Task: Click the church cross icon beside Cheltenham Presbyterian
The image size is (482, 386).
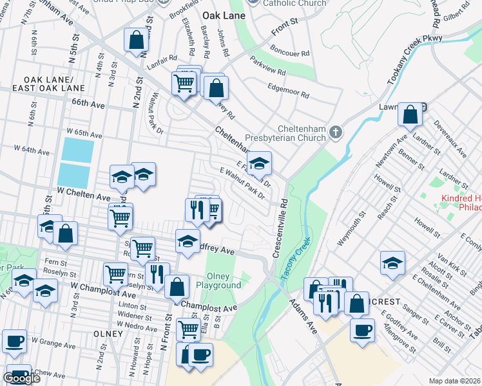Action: [335, 132]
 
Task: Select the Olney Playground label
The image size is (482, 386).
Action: [219, 280]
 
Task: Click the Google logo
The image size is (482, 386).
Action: [21, 378]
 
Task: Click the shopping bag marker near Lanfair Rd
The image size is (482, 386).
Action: [137, 40]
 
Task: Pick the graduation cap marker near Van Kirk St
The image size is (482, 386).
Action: [392, 262]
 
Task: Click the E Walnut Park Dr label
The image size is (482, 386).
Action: [242, 183]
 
